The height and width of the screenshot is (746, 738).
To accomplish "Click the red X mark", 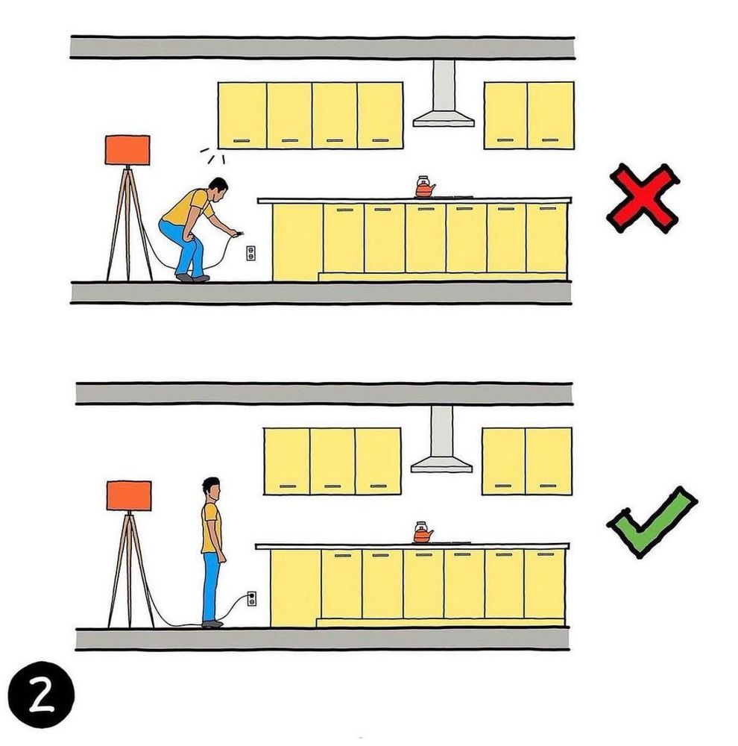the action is (x=643, y=198).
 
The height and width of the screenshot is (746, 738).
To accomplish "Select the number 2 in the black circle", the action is (x=41, y=695).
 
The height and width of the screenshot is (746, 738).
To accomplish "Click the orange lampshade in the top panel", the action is (x=127, y=150).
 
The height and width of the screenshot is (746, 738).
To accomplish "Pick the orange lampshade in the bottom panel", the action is (x=129, y=496).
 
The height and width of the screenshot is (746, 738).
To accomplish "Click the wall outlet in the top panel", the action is (x=250, y=253).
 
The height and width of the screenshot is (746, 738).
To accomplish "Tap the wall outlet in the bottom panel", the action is (x=251, y=598).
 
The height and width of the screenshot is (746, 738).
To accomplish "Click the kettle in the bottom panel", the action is (x=422, y=533).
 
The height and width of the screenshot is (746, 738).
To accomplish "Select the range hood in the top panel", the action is (x=444, y=94).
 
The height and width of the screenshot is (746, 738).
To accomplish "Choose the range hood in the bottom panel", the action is (x=442, y=439).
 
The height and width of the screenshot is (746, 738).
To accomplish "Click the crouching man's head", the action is (x=218, y=189).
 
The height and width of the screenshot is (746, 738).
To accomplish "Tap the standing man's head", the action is (x=212, y=489).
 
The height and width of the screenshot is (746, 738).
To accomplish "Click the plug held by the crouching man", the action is (x=239, y=233).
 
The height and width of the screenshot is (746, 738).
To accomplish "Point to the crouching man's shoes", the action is (x=192, y=278).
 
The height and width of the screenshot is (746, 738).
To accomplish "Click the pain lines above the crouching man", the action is (x=212, y=156).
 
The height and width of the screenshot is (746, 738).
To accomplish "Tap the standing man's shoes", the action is (x=212, y=624).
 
